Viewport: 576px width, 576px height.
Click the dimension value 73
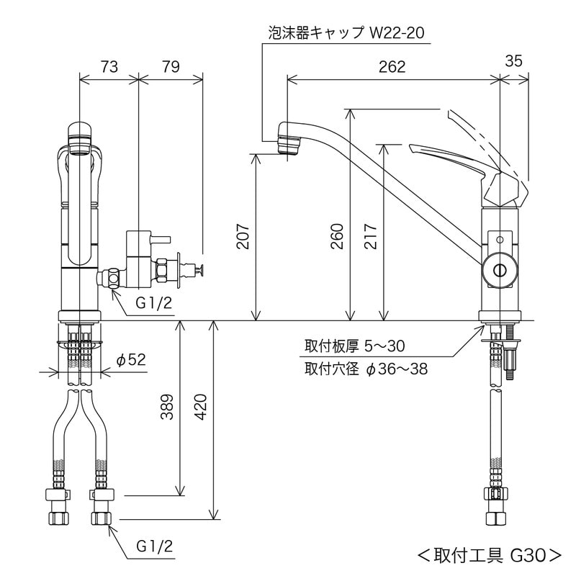click(x=107, y=67)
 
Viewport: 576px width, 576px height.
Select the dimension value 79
click(x=170, y=67)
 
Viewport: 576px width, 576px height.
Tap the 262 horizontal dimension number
click(x=392, y=67)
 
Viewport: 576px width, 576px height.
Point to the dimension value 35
click(x=513, y=61)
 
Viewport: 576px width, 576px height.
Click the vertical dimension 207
click(x=243, y=237)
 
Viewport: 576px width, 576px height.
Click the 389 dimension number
click(x=166, y=408)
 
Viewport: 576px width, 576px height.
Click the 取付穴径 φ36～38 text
click(x=366, y=370)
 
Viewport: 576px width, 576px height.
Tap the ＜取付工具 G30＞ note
click(x=489, y=554)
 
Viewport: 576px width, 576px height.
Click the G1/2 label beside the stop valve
click(x=154, y=303)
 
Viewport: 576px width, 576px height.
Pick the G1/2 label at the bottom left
click(x=154, y=546)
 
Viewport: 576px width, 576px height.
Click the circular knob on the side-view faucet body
click(x=499, y=268)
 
